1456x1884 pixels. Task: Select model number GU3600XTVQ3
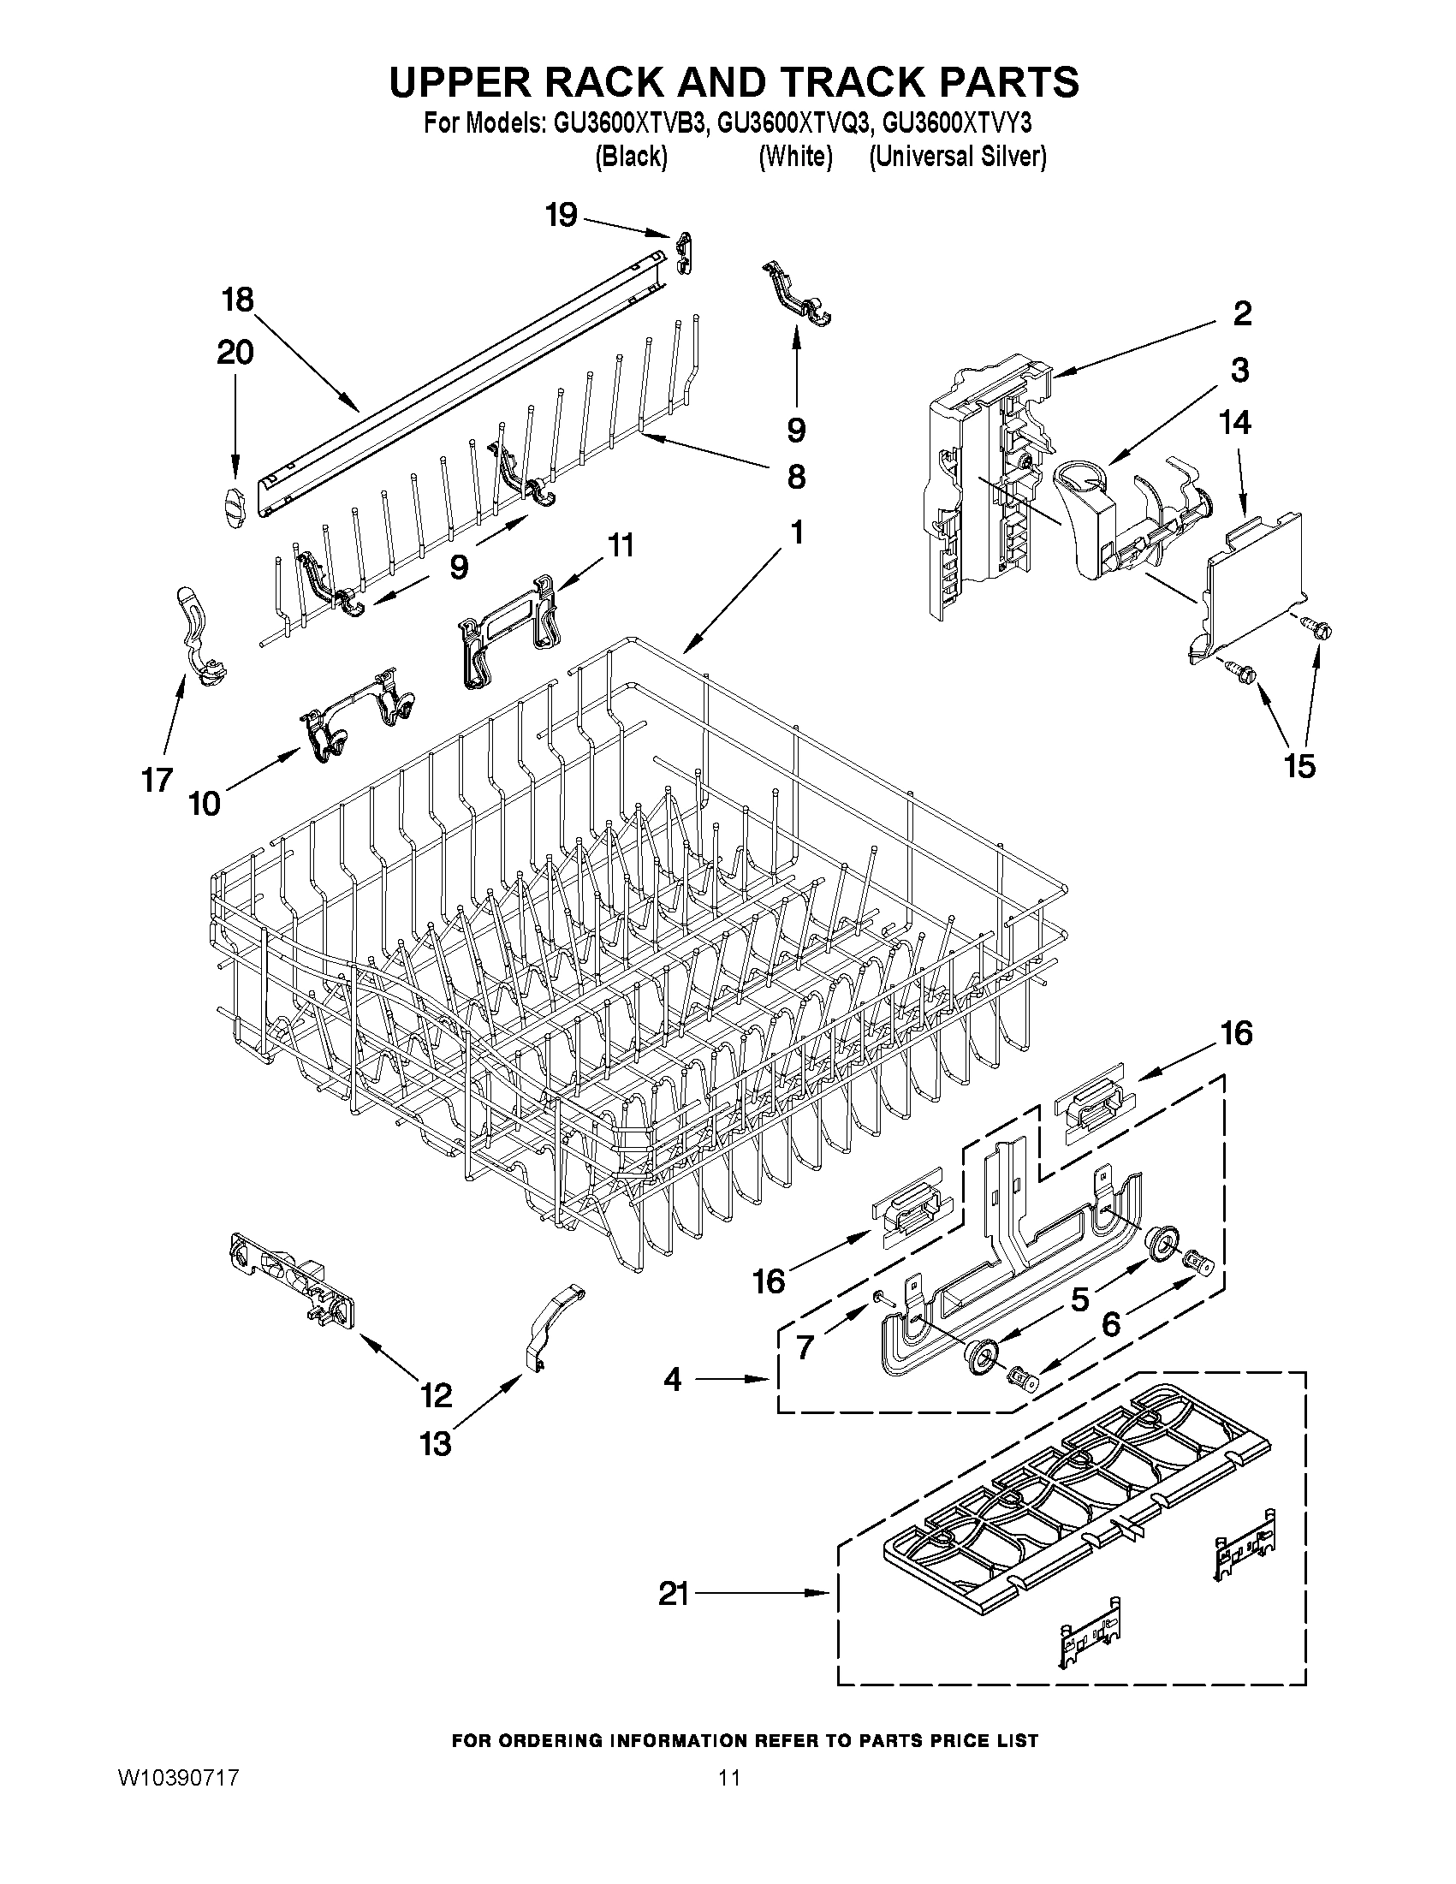pyautogui.click(x=792, y=124)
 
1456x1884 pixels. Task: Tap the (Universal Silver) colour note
pyautogui.click(x=958, y=157)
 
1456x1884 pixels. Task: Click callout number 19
pyautogui.click(x=562, y=215)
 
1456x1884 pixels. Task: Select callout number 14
pyautogui.click(x=1234, y=423)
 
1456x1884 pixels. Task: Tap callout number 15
pyautogui.click(x=1300, y=765)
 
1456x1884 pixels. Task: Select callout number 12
pyautogui.click(x=436, y=1395)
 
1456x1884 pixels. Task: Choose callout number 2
pyautogui.click(x=1241, y=313)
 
